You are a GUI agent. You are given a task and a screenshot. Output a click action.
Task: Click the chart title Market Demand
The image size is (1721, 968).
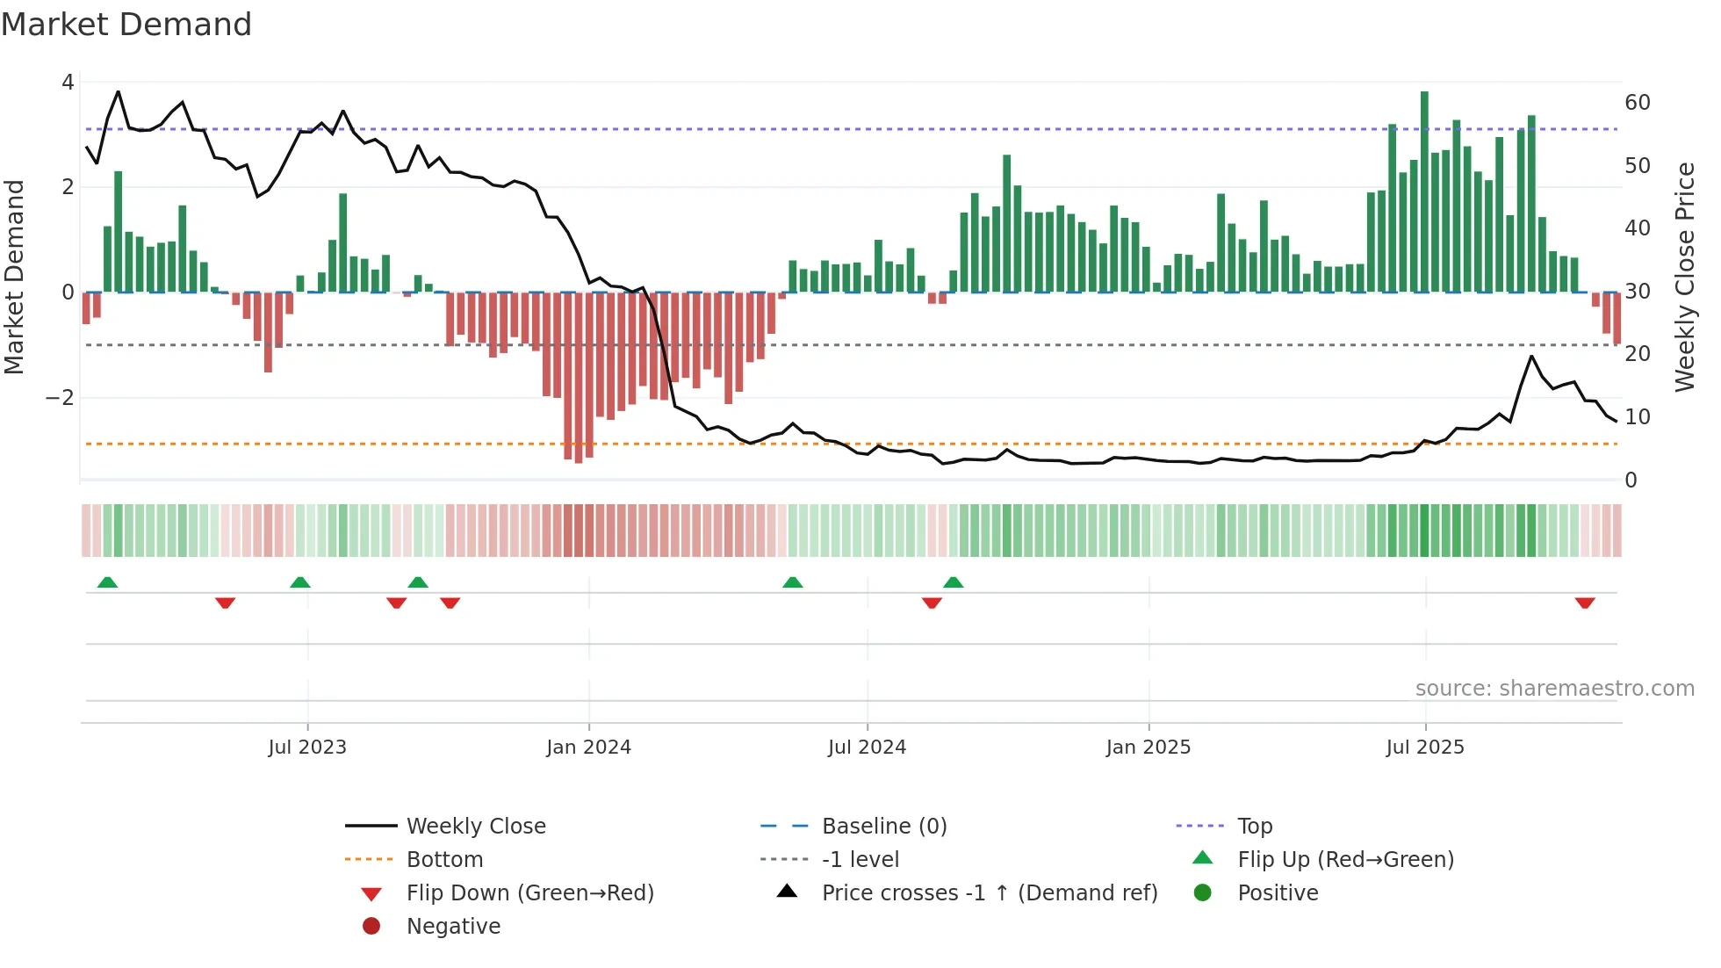click(126, 25)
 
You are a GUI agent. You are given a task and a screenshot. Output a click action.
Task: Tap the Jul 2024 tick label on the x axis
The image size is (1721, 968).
click(867, 748)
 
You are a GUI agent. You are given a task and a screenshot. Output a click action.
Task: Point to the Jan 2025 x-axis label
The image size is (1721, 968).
click(1148, 748)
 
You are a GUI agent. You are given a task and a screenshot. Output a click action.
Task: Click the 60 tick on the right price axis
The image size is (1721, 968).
click(1637, 103)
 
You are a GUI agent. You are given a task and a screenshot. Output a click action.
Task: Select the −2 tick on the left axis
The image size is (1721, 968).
click(61, 398)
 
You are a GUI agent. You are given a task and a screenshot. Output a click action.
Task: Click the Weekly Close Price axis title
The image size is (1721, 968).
click(1684, 277)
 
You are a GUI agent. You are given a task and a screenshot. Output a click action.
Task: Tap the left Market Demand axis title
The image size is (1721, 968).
click(14, 277)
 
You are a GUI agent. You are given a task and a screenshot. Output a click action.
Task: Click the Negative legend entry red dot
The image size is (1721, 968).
click(371, 927)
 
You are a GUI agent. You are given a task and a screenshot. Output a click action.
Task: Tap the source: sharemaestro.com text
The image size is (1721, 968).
click(1554, 689)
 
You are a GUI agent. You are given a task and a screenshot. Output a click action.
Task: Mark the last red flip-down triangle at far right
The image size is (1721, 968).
click(1585, 603)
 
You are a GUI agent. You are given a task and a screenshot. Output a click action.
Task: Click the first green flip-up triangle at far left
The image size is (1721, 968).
click(107, 582)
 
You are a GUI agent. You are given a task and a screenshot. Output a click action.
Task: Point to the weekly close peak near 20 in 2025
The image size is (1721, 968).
click(1531, 357)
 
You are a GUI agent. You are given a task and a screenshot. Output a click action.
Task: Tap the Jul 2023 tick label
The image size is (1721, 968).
click(307, 748)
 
